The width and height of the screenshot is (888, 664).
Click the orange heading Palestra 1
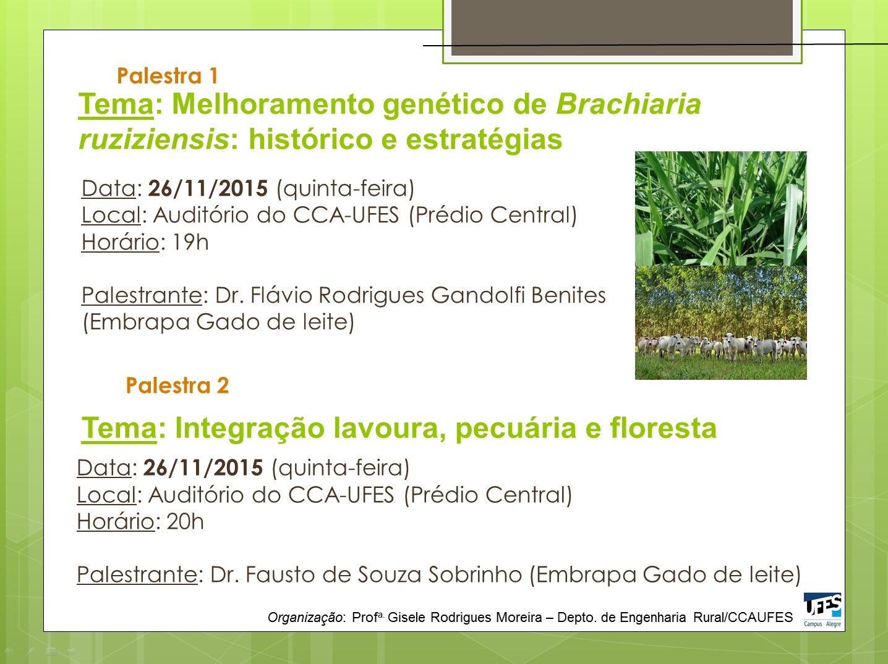tap(168, 75)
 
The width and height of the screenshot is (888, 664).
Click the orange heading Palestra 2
tap(177, 385)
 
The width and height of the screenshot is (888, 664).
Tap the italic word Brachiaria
tap(628, 104)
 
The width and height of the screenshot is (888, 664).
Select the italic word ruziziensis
tap(154, 140)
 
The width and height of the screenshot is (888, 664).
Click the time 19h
tap(190, 242)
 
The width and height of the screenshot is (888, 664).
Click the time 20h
tap(185, 521)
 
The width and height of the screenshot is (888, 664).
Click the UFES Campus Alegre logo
tap(822, 610)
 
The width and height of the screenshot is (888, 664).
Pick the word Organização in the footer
tap(305, 617)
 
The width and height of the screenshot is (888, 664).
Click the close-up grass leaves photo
tap(720, 208)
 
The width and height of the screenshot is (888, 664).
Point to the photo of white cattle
tap(720, 322)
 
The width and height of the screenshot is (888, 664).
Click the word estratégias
tap(484, 140)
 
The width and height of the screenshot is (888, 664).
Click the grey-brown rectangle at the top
tap(622, 27)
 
